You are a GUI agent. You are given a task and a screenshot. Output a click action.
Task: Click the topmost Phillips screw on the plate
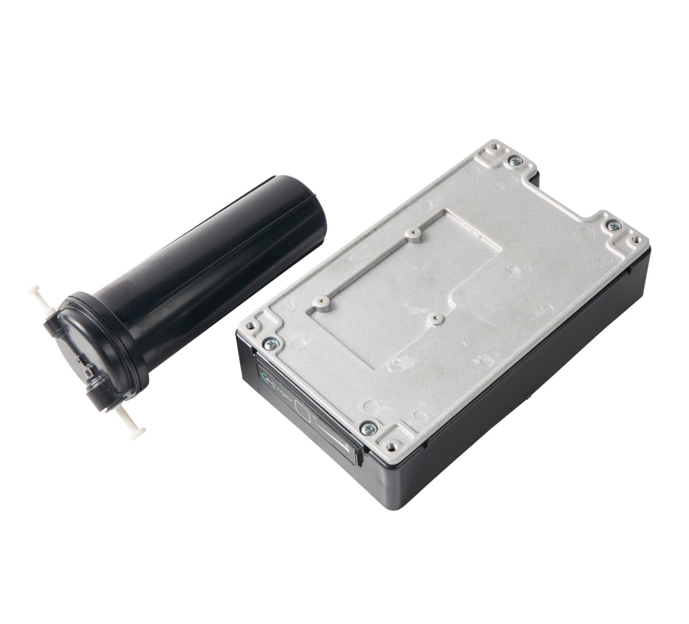(516, 159)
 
